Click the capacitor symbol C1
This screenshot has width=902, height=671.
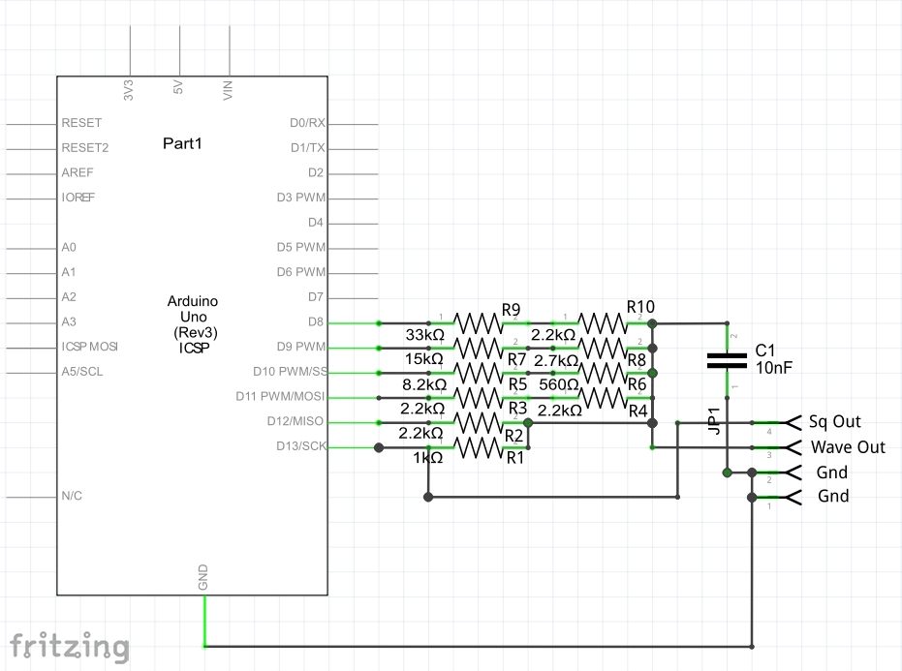tap(728, 360)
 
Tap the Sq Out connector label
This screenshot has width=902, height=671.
tap(835, 422)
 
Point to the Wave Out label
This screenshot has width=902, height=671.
tap(848, 447)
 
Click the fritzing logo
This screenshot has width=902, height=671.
tap(70, 645)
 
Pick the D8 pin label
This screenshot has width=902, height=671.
tap(316, 321)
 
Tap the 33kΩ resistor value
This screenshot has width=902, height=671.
tap(424, 335)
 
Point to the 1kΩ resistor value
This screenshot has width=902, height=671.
tap(426, 458)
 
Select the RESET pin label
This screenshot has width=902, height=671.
tap(81, 124)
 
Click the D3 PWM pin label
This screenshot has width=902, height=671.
tap(300, 198)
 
